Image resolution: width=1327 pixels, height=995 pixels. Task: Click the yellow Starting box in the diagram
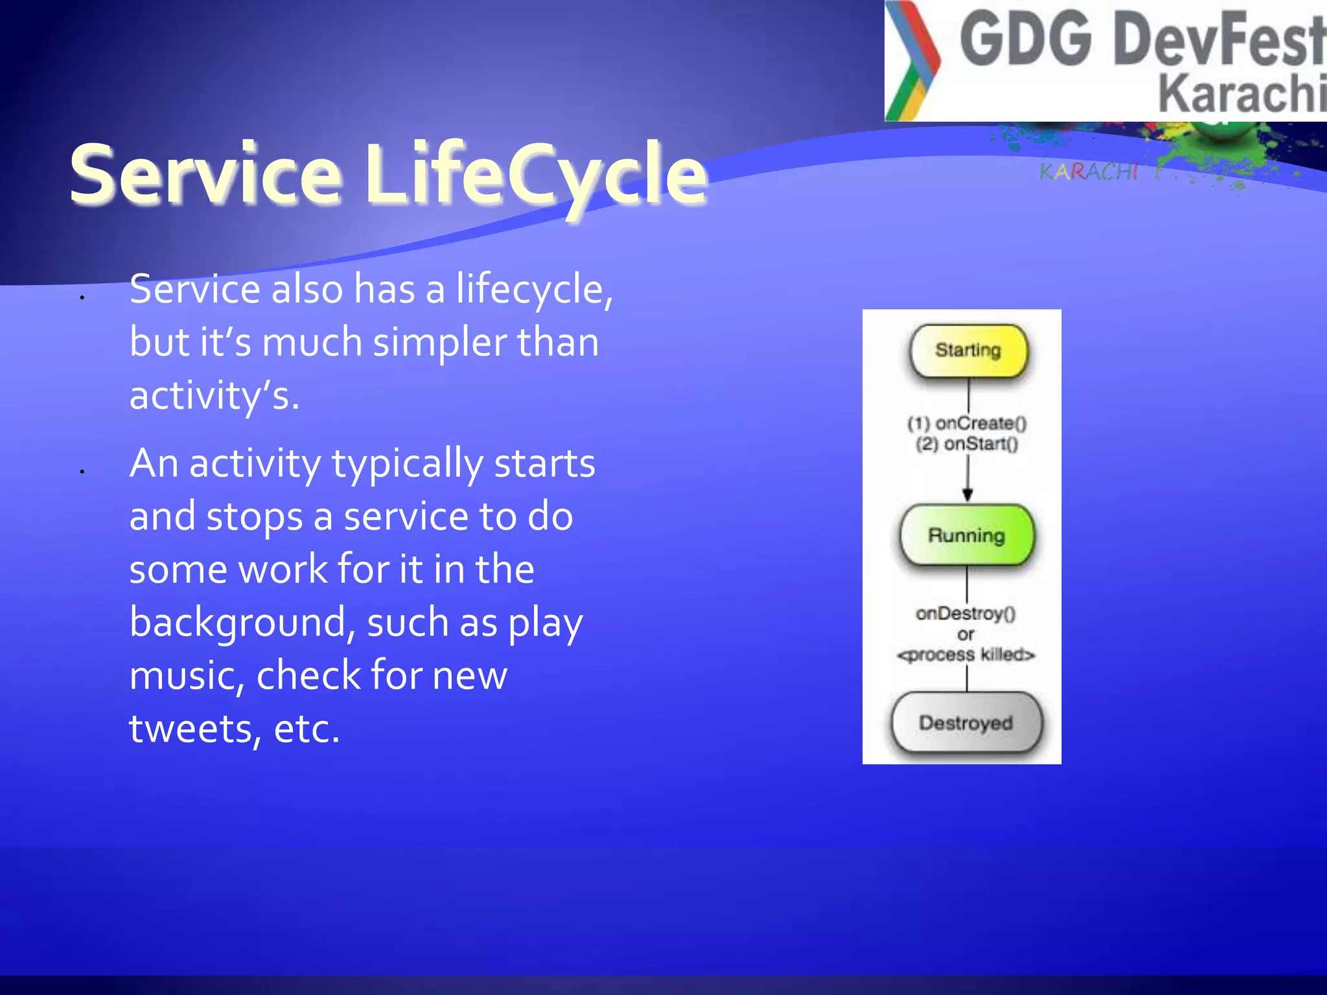point(968,350)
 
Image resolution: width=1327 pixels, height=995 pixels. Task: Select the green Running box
point(967,536)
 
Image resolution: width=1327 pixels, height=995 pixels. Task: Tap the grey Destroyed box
point(966,723)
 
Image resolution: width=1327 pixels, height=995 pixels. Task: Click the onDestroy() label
point(965,613)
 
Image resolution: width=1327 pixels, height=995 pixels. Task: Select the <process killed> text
point(965,655)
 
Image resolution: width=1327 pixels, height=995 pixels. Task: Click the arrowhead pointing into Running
point(967,495)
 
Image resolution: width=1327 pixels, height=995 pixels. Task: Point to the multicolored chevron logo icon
point(912,62)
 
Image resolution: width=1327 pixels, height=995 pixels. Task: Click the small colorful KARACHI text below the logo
point(1089,172)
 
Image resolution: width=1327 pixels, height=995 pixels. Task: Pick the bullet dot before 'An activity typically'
point(82,471)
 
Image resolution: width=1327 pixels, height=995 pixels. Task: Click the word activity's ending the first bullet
point(214,396)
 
